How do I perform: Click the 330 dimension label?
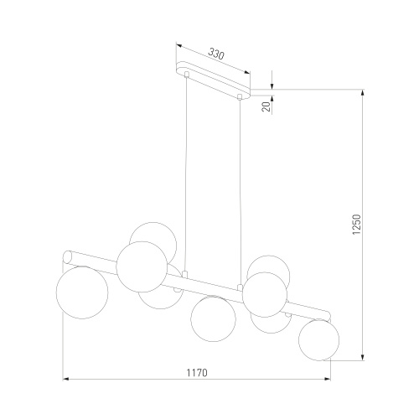(x=216, y=54)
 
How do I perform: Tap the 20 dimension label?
(x=266, y=106)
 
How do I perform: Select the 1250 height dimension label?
(x=357, y=225)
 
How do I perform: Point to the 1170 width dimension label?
(x=197, y=373)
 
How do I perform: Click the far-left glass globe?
(x=82, y=292)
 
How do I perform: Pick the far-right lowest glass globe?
(x=318, y=339)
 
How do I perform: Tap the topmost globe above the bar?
(x=153, y=239)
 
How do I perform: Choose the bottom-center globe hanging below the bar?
(x=213, y=318)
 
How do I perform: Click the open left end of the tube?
(x=67, y=257)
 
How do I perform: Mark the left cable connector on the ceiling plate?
(x=187, y=75)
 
